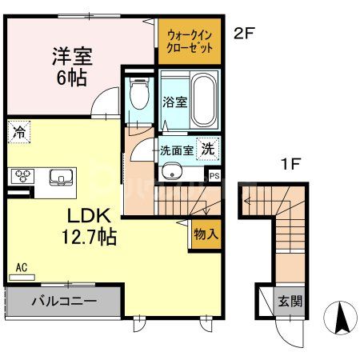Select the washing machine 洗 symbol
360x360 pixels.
click(207, 148)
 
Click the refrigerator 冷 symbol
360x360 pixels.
click(18, 133)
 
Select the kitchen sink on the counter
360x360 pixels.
click(60, 176)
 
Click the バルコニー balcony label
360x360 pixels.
click(64, 302)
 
